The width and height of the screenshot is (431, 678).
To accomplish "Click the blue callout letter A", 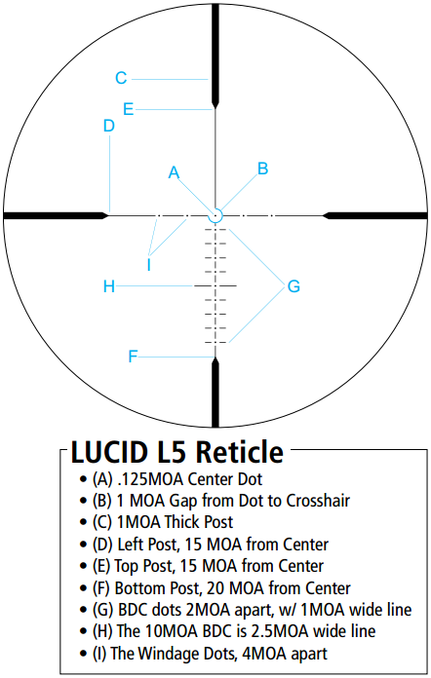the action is point(174,172).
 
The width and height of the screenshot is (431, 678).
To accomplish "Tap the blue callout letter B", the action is point(262,169).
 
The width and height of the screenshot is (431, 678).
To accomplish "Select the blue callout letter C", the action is point(121,78).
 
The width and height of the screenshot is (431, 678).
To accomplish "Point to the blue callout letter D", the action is point(108,126).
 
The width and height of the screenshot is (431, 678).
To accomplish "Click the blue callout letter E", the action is point(128,109).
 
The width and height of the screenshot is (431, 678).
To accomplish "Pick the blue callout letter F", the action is point(133,357).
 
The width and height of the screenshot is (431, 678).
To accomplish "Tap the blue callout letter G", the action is point(294,286).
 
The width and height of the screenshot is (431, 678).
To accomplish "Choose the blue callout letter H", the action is point(109,286).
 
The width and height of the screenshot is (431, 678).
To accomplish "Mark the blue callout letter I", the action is point(149,265).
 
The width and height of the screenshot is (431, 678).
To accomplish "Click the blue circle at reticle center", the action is point(215,209).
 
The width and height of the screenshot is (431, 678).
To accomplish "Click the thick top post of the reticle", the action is point(215,56).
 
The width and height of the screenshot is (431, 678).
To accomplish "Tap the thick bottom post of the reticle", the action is point(215,393).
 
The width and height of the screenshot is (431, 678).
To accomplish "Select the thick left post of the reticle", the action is point(56,215).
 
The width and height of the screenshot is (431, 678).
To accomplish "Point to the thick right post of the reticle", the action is point(375,215).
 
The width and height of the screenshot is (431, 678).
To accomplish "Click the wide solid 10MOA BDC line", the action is point(215,285).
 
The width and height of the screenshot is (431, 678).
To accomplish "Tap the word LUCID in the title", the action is point(109,452).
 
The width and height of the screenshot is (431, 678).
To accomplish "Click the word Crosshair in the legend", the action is point(318,501).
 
